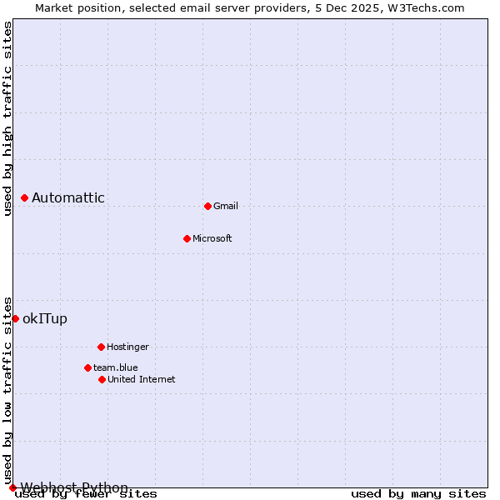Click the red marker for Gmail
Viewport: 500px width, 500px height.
click(x=207, y=206)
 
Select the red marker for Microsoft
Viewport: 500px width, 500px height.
click(x=187, y=238)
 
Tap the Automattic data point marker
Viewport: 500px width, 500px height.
click(x=25, y=197)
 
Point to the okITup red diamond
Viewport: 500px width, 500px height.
click(x=15, y=318)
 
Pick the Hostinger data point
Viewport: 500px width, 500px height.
click(x=101, y=347)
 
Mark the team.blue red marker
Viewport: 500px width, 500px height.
click(x=87, y=367)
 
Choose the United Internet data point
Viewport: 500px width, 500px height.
click(x=102, y=379)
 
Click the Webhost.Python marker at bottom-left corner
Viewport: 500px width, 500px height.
click(x=12, y=487)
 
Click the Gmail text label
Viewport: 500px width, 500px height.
click(x=226, y=206)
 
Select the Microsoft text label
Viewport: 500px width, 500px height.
click(x=212, y=238)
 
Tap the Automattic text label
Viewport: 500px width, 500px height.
click(x=68, y=197)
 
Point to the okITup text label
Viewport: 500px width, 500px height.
click(x=45, y=318)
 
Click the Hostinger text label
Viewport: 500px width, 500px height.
click(x=127, y=347)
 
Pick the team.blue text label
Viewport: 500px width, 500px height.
click(x=116, y=367)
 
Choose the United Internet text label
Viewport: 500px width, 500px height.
click(x=142, y=379)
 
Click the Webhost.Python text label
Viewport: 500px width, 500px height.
click(x=74, y=487)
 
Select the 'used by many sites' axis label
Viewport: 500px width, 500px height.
click(x=418, y=494)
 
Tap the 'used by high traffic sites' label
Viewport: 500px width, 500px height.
click(x=7, y=118)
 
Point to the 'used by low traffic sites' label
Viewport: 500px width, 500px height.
click(x=7, y=390)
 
